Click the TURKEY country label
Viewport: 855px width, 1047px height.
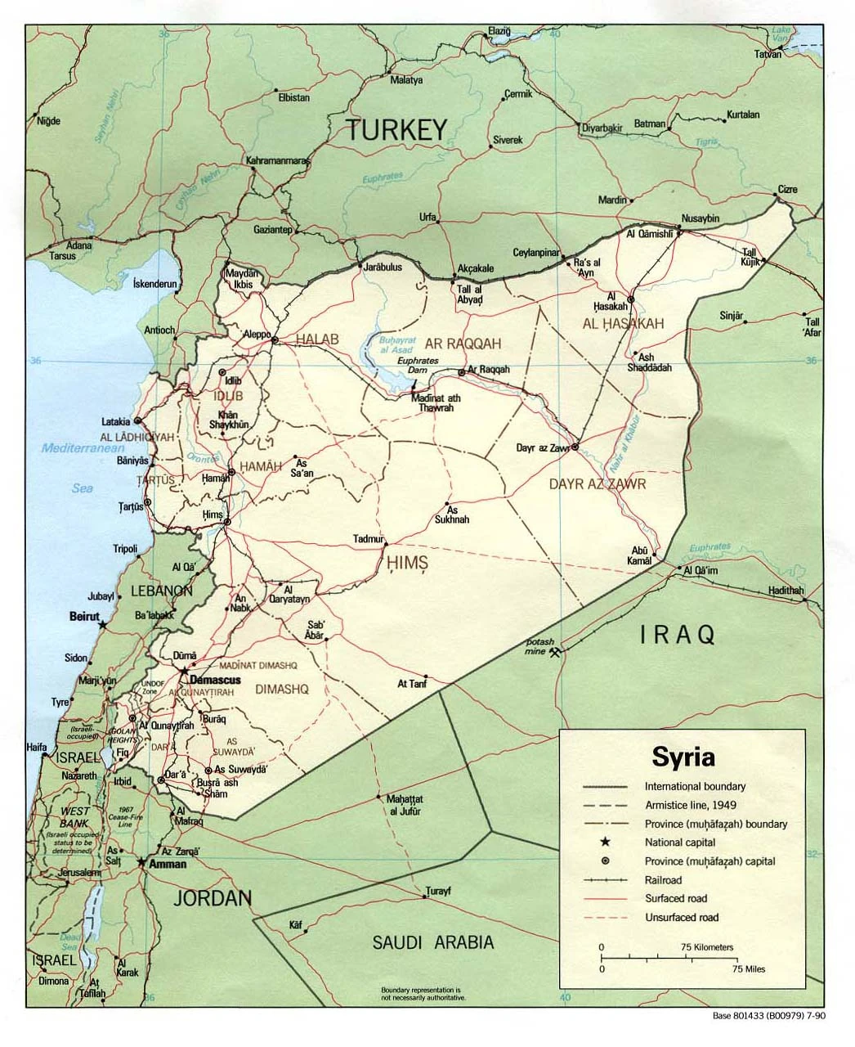[396, 129]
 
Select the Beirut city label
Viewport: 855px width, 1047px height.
[84, 616]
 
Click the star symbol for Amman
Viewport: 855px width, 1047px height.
[142, 862]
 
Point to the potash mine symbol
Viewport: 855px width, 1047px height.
[556, 652]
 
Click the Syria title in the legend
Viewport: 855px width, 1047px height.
[683, 756]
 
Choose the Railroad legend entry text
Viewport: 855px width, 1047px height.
[663, 880]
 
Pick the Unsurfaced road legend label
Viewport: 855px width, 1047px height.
[681, 918]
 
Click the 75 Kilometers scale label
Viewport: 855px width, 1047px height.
[707, 947]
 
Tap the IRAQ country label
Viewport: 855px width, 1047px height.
[678, 634]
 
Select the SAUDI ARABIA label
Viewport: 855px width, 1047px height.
[433, 942]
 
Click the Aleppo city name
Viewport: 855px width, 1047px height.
[257, 334]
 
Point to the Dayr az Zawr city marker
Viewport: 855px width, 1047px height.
[575, 447]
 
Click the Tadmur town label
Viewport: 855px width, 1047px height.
[368, 539]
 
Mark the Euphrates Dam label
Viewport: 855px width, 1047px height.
[418, 365]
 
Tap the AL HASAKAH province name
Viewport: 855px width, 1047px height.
[623, 324]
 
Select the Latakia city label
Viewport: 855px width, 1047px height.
[115, 422]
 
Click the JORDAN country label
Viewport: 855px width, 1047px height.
[212, 898]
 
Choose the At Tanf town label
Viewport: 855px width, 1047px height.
[412, 684]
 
